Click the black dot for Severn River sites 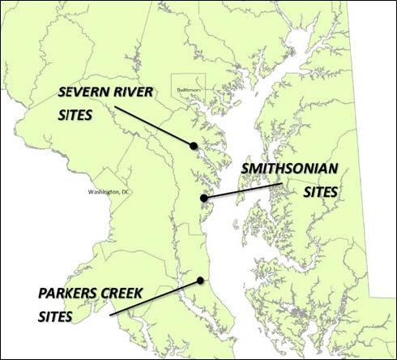194,146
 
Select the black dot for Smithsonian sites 204,197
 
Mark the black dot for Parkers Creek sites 200,281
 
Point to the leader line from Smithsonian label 243,190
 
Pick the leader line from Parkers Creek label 154,297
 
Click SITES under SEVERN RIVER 75,114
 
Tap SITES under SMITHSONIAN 317,193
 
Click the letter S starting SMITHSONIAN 243,172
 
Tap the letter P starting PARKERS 42,289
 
